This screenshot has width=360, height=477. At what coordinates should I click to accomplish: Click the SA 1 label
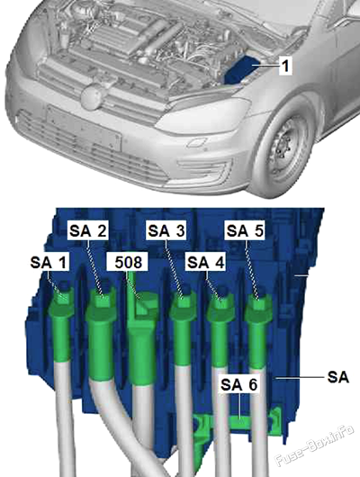point(48,262)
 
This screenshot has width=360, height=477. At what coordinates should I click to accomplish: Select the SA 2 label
point(88,231)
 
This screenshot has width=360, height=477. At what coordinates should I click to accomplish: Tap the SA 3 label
point(166,231)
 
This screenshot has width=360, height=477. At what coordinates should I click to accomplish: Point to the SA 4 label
point(206,262)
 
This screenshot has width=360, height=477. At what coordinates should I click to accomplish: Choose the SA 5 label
point(245,231)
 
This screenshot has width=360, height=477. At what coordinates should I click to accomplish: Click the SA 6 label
point(239,385)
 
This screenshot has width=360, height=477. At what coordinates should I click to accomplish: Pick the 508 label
point(128,262)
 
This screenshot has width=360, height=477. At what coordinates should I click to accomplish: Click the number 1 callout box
point(285,66)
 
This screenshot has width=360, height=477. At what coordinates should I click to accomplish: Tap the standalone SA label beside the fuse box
point(338,377)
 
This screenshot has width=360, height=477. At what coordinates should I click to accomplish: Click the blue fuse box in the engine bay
point(238,70)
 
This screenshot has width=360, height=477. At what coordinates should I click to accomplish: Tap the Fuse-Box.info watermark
point(315,446)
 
